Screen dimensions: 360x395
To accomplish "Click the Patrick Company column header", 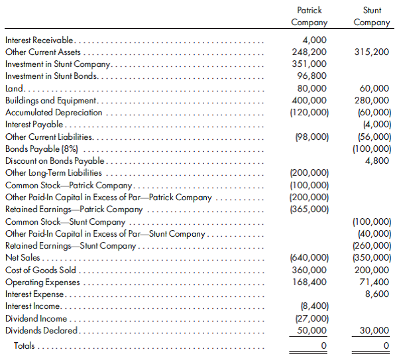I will (x=309, y=17).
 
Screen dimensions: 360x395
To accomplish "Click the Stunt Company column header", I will (x=372, y=17).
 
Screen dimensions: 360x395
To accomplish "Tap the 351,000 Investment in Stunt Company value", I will (x=309, y=64).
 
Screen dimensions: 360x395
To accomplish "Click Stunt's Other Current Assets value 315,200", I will (x=372, y=52).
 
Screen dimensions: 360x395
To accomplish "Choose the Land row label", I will (x=14, y=88).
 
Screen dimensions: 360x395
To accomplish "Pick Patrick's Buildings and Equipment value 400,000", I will (x=309, y=101).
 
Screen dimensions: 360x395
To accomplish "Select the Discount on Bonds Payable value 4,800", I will (x=377, y=161).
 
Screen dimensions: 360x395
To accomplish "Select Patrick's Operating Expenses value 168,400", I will (x=309, y=282).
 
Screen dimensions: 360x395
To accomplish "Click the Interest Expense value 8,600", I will (x=377, y=294).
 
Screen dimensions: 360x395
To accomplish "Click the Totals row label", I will (x=26, y=345).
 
